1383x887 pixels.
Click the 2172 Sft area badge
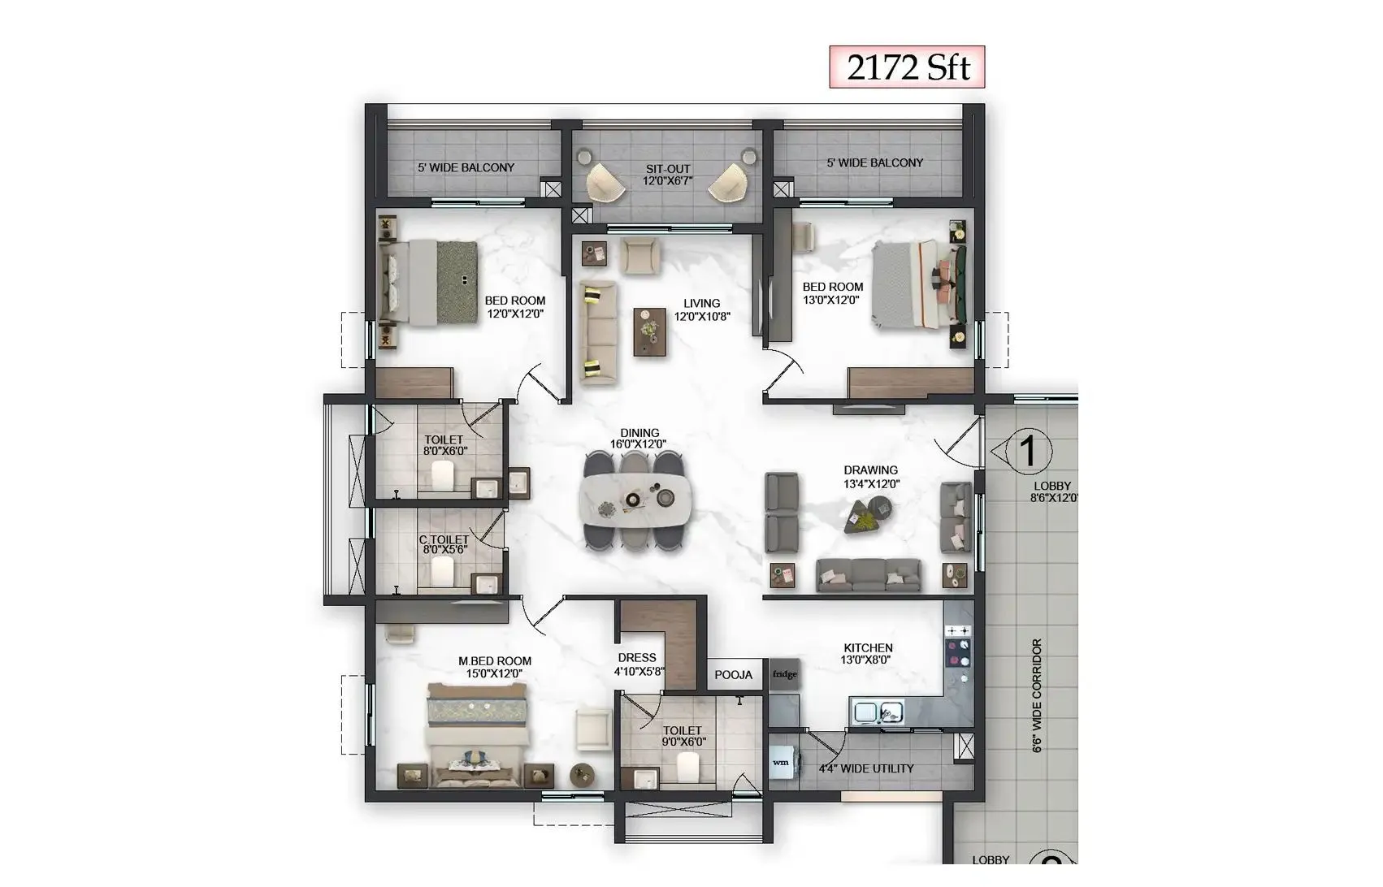point(907,67)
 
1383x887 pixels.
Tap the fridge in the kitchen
point(784,674)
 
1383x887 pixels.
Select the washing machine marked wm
point(781,762)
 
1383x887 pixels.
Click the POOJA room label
point(733,675)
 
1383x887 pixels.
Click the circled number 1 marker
point(1028,450)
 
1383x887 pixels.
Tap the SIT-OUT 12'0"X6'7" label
point(668,175)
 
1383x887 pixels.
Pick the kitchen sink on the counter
point(878,712)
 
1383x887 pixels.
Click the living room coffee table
point(649,331)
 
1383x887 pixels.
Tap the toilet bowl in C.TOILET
point(442,570)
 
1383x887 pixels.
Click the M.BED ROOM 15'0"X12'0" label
point(494,667)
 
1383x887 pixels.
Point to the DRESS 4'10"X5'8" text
point(639,664)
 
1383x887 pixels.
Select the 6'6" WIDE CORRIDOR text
point(1037,695)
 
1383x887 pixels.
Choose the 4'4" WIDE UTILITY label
point(865,768)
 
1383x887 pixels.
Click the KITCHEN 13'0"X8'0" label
point(867,654)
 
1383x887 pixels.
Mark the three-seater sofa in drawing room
point(868,575)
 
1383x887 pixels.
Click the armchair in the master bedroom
point(593,729)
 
